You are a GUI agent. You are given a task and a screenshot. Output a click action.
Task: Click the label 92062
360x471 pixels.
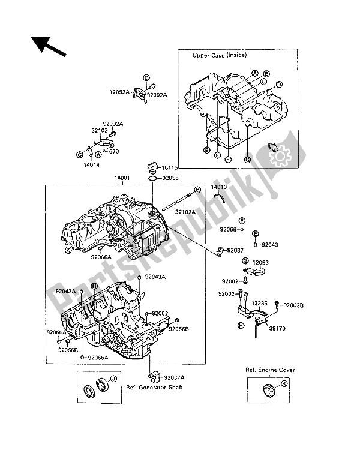pyautogui.click(x=159, y=313)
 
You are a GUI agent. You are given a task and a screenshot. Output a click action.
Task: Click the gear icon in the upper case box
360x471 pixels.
pyautogui.click(x=279, y=155)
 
